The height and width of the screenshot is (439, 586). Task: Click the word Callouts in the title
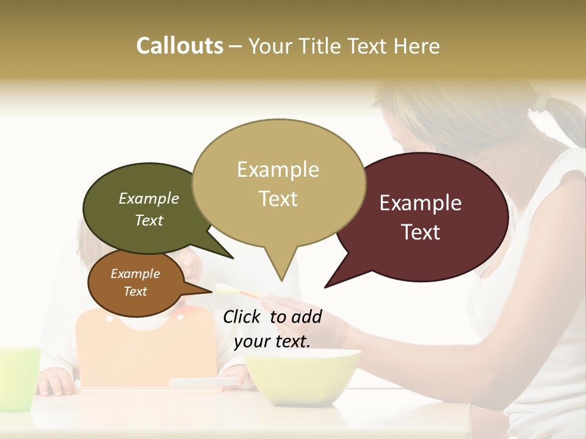pos(179,46)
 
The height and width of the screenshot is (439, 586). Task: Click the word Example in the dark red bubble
pos(421,203)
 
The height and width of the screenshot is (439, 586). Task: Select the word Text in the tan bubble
pos(278,198)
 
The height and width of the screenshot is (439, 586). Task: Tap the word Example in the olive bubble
pos(149,198)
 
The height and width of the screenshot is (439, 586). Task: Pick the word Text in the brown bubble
pos(136,291)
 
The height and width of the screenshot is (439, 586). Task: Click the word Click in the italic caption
pos(243,316)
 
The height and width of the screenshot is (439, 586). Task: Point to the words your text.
pos(272,341)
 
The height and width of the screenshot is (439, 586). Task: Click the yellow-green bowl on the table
pos(302,375)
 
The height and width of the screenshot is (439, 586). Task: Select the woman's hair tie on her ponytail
pos(541,101)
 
